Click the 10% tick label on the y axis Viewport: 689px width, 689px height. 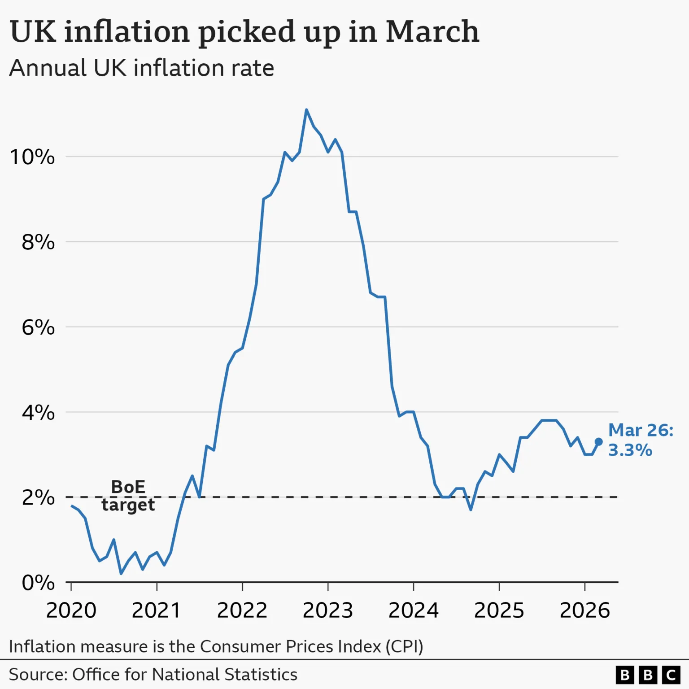[x=32, y=157]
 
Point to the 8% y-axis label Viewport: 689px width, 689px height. [x=38, y=242]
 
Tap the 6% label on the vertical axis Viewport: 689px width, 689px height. [x=38, y=327]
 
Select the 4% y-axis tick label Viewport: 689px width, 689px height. [x=38, y=412]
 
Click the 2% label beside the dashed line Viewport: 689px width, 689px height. [x=38, y=497]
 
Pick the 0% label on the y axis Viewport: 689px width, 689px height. [x=38, y=583]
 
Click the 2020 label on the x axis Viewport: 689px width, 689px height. [x=71, y=610]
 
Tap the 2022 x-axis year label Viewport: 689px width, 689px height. [x=242, y=610]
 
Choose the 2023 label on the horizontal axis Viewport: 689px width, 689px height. [x=328, y=610]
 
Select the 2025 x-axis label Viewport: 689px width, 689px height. [x=499, y=610]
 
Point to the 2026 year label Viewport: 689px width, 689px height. [x=585, y=610]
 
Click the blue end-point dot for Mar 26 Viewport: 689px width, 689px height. [x=598, y=442]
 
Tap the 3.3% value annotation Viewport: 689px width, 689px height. [x=630, y=450]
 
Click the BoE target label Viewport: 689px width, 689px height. [x=128, y=496]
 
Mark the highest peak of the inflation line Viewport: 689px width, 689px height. [x=306, y=110]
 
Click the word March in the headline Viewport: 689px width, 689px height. [x=432, y=31]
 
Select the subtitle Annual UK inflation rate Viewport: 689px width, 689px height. [x=142, y=68]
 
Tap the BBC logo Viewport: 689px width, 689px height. [x=648, y=675]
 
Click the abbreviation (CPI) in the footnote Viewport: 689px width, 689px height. [x=404, y=646]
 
